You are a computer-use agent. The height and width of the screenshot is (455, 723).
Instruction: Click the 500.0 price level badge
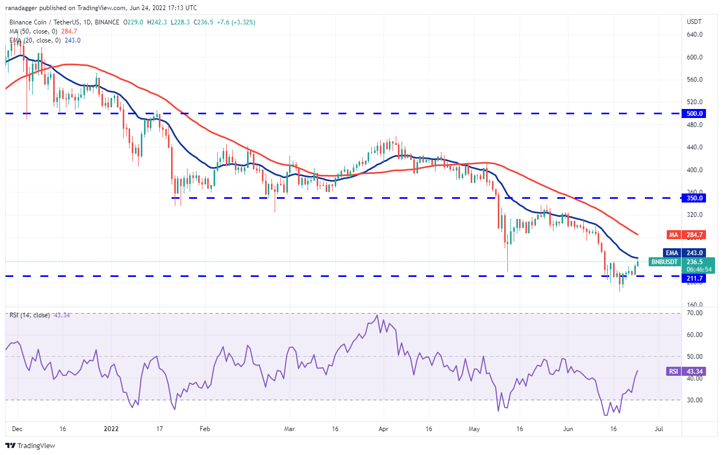coord(694,114)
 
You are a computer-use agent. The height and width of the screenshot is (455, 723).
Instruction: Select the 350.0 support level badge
coord(694,198)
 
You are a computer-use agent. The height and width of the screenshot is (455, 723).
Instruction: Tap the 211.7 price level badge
coord(694,278)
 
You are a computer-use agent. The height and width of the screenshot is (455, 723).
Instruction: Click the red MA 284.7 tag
coord(686,235)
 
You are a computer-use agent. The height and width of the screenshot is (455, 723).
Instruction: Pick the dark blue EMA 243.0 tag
coord(684,253)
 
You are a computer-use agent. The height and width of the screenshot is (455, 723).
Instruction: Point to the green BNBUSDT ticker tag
coord(664,262)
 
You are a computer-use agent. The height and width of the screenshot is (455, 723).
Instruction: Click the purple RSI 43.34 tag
coord(686,372)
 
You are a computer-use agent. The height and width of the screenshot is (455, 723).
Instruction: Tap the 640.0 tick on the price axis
coord(695,35)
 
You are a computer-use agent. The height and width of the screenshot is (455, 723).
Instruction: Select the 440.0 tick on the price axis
coord(695,147)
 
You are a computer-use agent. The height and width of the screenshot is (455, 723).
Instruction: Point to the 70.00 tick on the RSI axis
coord(695,313)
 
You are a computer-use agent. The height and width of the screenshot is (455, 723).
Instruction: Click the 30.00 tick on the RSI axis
coord(695,400)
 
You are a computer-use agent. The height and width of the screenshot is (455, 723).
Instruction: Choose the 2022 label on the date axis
coord(111,429)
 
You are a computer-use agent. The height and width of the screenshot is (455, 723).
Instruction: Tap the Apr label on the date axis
coord(383,429)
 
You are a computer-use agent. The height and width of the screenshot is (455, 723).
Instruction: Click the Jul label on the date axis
coord(658,429)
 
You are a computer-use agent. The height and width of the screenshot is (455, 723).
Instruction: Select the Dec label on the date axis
coord(17,429)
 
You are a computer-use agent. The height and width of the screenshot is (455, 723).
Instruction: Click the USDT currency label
coord(694,22)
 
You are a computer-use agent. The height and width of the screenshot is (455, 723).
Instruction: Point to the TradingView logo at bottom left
coord(30,445)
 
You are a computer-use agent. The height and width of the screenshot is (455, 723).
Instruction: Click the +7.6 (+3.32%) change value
coord(236,22)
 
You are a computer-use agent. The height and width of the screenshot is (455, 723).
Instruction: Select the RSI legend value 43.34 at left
coord(62,315)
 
